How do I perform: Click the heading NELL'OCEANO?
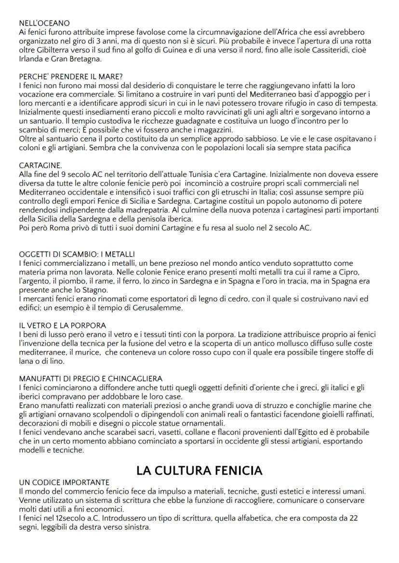(x=44, y=23)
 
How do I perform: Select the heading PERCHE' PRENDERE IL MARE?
(x=71, y=77)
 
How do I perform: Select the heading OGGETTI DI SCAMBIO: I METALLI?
(x=77, y=254)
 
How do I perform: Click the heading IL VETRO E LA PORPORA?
(x=63, y=326)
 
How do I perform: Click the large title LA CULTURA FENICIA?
(x=199, y=470)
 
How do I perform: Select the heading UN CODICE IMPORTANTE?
(x=64, y=482)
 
